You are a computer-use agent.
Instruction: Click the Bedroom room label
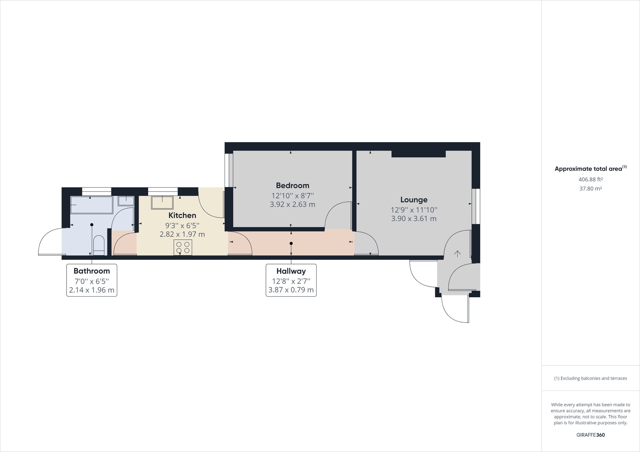pyautogui.click(x=292, y=185)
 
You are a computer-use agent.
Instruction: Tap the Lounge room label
pyautogui.click(x=414, y=200)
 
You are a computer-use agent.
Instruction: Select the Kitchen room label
pyautogui.click(x=182, y=215)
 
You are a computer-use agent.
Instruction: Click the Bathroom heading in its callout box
pyautogui.click(x=92, y=271)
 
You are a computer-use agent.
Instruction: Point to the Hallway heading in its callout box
pyautogui.click(x=291, y=271)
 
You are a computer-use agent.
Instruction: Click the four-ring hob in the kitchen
pyautogui.click(x=183, y=247)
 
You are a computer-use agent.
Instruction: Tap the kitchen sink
pyautogui.click(x=162, y=202)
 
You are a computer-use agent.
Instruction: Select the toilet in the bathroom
pyautogui.click(x=99, y=245)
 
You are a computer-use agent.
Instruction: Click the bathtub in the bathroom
pyautogui.click(x=92, y=205)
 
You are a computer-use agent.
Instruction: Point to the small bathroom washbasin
pyautogui.click(x=126, y=201)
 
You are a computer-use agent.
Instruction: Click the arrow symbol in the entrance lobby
pyautogui.click(x=458, y=254)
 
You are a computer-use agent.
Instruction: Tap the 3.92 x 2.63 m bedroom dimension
pyautogui.click(x=292, y=204)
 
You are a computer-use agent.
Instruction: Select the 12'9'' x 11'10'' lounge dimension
pyautogui.click(x=414, y=210)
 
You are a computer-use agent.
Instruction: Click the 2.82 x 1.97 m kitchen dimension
pyautogui.click(x=182, y=234)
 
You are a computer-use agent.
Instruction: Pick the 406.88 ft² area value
pyautogui.click(x=590, y=179)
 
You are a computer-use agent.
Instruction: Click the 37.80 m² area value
pyautogui.click(x=590, y=188)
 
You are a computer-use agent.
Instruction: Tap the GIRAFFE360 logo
pyautogui.click(x=590, y=435)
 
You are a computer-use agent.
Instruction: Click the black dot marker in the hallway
pyautogui.click(x=291, y=244)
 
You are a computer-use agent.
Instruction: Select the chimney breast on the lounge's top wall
pyautogui.click(x=419, y=154)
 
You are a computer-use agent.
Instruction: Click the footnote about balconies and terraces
pyautogui.click(x=590, y=378)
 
